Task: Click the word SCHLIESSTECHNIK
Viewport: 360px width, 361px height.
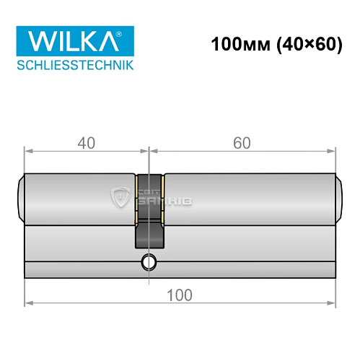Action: point(71,66)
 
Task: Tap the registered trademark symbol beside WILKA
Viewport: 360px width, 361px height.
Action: point(128,32)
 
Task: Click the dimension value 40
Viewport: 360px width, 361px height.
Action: point(87,142)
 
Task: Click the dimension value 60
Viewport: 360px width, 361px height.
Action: point(242,142)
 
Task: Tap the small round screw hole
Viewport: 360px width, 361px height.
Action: point(149,261)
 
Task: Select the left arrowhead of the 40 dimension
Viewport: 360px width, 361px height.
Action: point(29,151)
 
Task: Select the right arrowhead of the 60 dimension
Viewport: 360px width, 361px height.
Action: point(333,151)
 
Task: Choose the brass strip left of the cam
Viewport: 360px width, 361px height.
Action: point(136,197)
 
